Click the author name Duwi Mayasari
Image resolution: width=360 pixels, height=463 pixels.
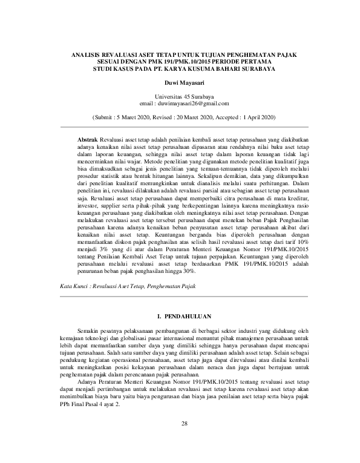pyautogui.click(x=180, y=82)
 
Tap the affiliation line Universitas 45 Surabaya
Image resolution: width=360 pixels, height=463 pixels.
pyautogui.click(x=180, y=97)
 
